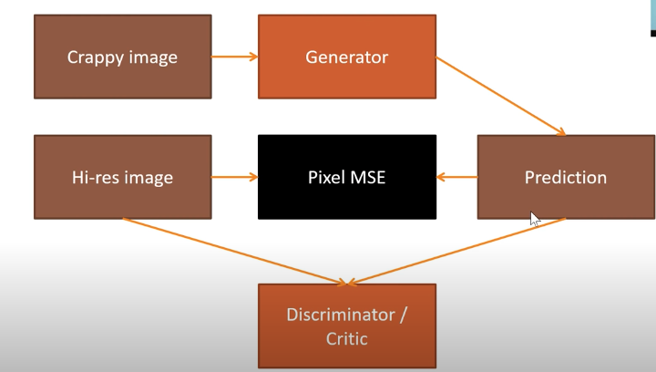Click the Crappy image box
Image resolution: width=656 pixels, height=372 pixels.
coord(122,57)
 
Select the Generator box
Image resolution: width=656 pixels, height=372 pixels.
coord(346,57)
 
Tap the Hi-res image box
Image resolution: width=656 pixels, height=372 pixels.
coord(122,177)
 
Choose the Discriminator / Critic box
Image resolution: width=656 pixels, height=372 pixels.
coord(346,326)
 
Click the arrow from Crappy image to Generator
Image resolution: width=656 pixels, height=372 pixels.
coord(235,57)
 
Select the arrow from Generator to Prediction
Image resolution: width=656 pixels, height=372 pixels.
coord(501,97)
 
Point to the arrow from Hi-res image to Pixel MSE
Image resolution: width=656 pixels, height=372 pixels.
coord(235,177)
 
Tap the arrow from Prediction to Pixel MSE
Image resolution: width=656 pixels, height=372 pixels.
coord(456,177)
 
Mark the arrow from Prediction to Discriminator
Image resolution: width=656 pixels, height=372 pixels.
coord(456,252)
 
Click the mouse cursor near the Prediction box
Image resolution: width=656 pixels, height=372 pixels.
coord(535,218)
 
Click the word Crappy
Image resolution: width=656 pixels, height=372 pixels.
coord(96,57)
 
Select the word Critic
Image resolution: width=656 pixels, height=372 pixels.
coord(346,339)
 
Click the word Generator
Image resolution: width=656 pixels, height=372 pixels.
coord(346,57)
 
